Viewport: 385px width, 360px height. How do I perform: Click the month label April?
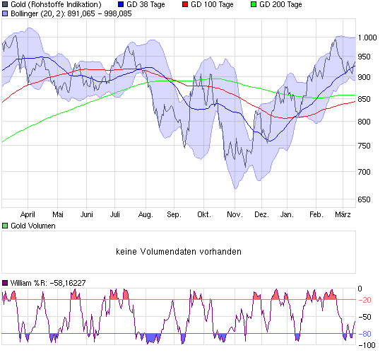click(28, 214)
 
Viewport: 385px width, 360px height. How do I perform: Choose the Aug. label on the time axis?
click(146, 214)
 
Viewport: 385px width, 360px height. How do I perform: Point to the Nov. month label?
click(235, 214)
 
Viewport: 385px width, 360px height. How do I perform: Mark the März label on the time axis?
click(343, 214)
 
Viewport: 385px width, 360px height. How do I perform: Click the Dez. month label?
click(261, 214)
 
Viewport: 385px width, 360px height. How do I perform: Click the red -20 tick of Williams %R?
click(365, 300)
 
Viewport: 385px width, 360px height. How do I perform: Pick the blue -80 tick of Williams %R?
click(365, 333)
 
